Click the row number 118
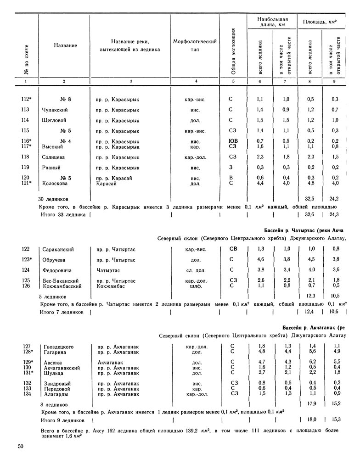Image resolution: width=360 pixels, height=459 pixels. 25,157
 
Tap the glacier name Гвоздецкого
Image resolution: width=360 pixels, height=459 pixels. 58,346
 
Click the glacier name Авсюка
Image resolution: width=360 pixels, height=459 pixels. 52,362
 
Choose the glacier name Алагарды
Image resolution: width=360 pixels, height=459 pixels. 56,393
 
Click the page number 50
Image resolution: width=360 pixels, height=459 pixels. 21,446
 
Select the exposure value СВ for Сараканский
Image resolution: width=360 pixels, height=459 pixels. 234,249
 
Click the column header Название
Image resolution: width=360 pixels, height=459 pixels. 65,45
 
